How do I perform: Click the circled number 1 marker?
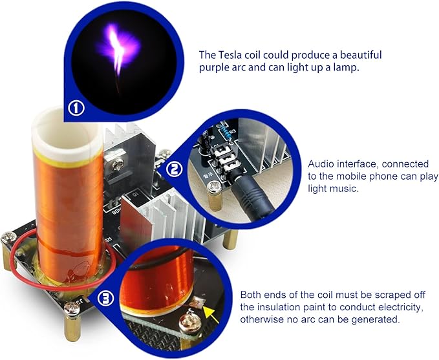77,108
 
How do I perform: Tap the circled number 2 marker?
174,169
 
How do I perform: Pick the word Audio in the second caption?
321,164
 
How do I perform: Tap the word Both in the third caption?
252,294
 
